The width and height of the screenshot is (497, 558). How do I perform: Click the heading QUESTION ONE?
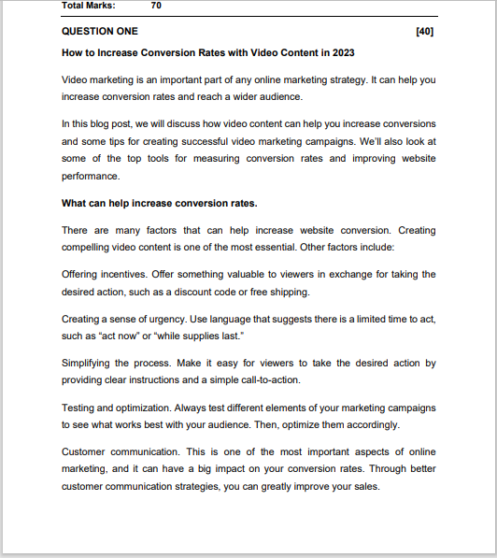click(99, 31)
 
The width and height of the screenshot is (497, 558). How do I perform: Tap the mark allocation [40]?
click(424, 31)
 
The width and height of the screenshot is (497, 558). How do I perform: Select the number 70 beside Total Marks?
click(156, 5)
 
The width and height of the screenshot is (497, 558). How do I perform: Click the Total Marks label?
click(89, 5)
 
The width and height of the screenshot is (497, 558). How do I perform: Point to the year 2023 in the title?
click(342, 52)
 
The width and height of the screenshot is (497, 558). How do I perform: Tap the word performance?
click(91, 177)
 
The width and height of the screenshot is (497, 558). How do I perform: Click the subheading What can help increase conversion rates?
click(159, 203)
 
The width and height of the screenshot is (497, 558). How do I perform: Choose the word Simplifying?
click(90, 363)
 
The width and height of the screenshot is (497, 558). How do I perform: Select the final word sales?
click(365, 487)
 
